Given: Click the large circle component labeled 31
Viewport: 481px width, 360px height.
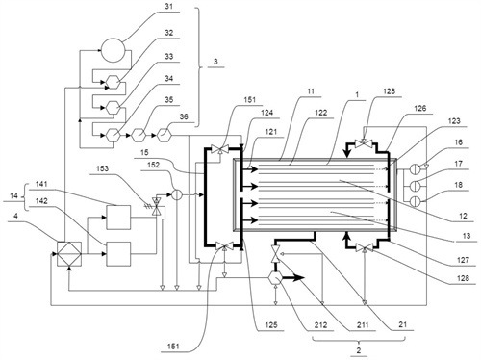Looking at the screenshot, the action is pos(113,50).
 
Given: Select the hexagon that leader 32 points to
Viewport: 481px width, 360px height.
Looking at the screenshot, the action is pos(113,82).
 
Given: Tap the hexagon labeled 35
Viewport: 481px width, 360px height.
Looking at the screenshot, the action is pos(139,135).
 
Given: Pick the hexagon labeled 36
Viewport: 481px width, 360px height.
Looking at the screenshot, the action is pos(165,135).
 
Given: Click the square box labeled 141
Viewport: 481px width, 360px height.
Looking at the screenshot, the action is pos(118,218).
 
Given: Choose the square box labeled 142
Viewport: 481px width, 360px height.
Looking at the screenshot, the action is pos(118,254).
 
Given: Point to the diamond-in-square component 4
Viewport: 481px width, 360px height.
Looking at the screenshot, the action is pos(69,254).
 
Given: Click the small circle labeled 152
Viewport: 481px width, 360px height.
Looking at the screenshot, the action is pos(177,194).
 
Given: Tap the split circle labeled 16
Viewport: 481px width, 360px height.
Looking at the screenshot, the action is pos(416,169).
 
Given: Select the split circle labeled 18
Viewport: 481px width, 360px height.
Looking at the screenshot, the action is pos(416,201).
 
